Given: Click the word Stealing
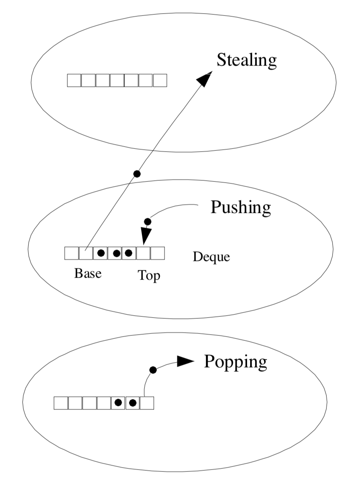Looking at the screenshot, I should coord(247,60).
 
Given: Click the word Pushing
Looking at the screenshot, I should coord(241,207).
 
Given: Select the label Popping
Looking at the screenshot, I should coord(235,362).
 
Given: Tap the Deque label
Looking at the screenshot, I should coord(211,256).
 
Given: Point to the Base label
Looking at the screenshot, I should coord(88,273).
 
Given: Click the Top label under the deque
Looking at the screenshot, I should coord(149,276).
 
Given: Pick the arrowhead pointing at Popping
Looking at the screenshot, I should coord(185,361).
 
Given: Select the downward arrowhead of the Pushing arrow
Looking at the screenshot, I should coord(146,236).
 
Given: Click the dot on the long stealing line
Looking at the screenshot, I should coord(137,174).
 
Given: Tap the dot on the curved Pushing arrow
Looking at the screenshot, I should coord(148,222).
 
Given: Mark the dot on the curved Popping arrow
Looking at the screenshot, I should coord(153,370).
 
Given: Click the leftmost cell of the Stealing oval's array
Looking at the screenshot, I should coord(74,80).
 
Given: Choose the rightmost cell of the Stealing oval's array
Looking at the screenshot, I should coord(160,80).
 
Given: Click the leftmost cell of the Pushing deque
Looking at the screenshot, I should coord(71,253).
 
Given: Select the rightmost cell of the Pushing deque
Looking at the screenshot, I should coord(157,253).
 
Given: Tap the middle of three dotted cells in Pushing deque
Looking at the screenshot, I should coord(115,253).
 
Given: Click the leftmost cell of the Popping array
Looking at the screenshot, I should coord(61,403).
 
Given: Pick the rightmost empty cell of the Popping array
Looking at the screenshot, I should coord(147,403).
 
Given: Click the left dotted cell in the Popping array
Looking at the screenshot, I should coord(118,403).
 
